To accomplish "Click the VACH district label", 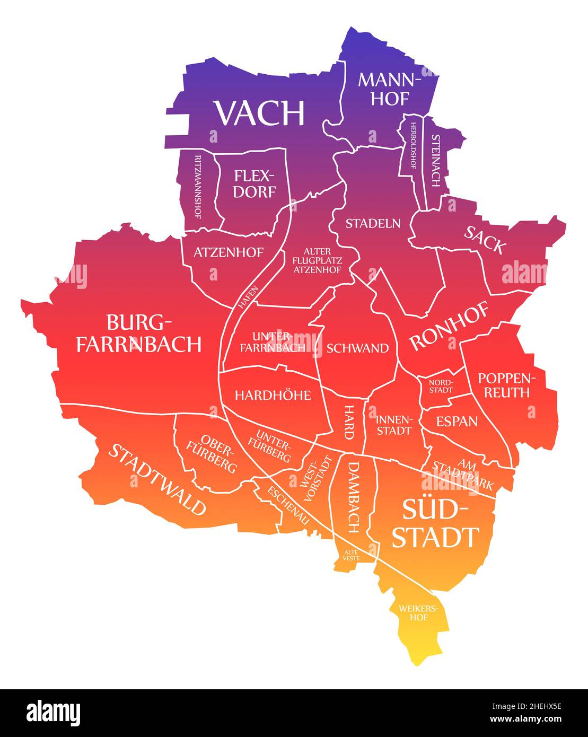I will pos(259,113).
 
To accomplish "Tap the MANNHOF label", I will pos(390,89).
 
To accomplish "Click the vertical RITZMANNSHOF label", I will pos(197,187).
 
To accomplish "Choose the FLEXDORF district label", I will pos(254,183).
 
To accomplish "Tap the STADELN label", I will pos(373,223).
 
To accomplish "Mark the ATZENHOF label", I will pos(228,252).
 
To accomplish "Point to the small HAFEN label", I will pos(249,297).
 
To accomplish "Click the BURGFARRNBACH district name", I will pos(139,334).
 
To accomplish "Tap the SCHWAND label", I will pos(357,348).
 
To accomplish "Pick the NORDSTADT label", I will pos(441,385).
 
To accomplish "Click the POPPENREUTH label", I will pos(504,385).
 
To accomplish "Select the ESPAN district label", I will pos(457,422).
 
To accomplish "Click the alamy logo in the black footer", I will pos(54,712).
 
